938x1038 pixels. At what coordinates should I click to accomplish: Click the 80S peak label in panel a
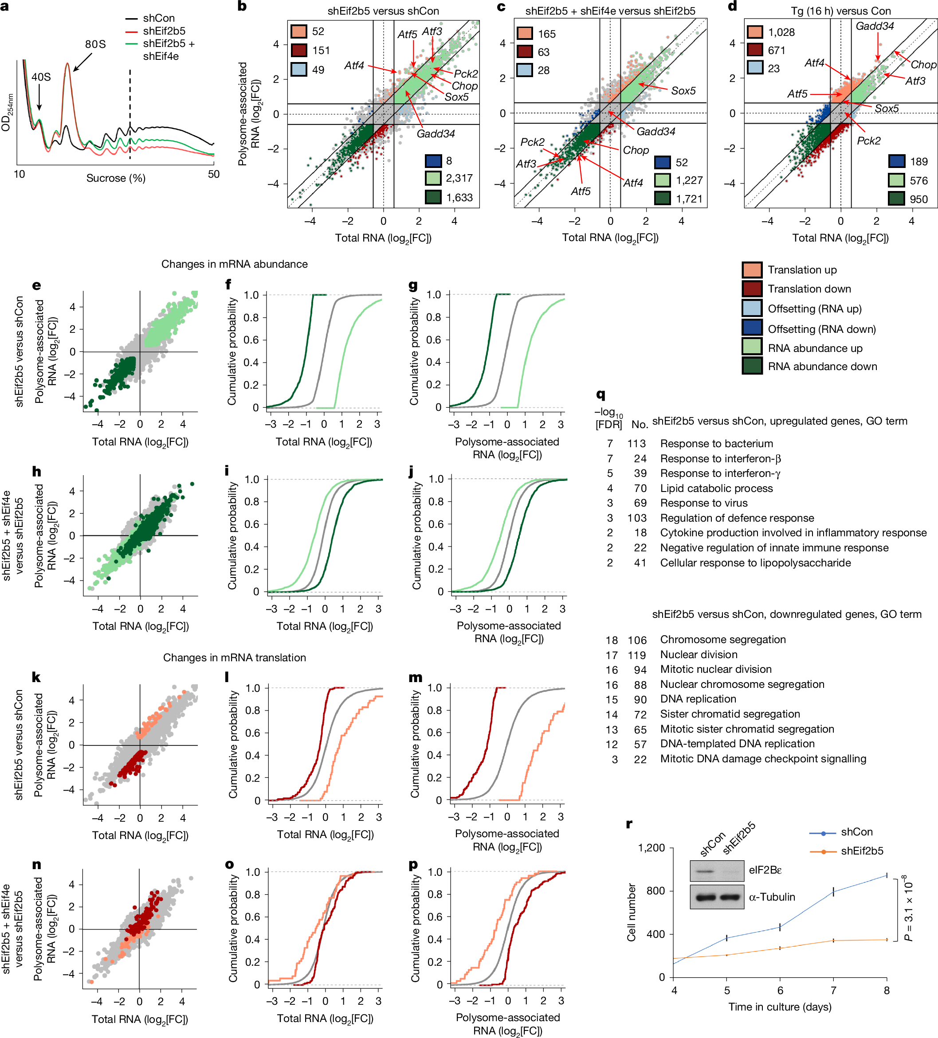(x=95, y=45)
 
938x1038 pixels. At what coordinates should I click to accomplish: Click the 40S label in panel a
(x=41, y=77)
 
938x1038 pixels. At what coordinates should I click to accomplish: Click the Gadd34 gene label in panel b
(x=436, y=134)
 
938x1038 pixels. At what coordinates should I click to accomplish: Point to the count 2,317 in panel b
(x=459, y=178)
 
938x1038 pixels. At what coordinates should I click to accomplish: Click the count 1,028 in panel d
(x=781, y=32)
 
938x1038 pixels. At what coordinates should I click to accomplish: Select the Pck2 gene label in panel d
(x=868, y=141)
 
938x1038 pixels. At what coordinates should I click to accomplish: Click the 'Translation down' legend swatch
(x=752, y=289)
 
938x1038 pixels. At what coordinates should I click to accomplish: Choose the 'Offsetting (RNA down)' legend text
(x=822, y=329)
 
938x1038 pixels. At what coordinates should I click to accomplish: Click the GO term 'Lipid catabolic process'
(x=716, y=488)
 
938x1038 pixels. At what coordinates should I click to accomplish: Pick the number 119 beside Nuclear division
(x=637, y=655)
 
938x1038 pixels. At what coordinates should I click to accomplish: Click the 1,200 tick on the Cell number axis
(x=651, y=848)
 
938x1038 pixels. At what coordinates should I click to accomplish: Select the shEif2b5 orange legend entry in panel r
(x=861, y=851)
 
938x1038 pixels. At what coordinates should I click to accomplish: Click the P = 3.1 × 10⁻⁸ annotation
(x=909, y=909)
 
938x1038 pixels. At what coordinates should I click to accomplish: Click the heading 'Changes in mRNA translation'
(x=234, y=657)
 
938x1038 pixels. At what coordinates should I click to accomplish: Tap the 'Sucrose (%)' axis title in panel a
(x=116, y=178)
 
